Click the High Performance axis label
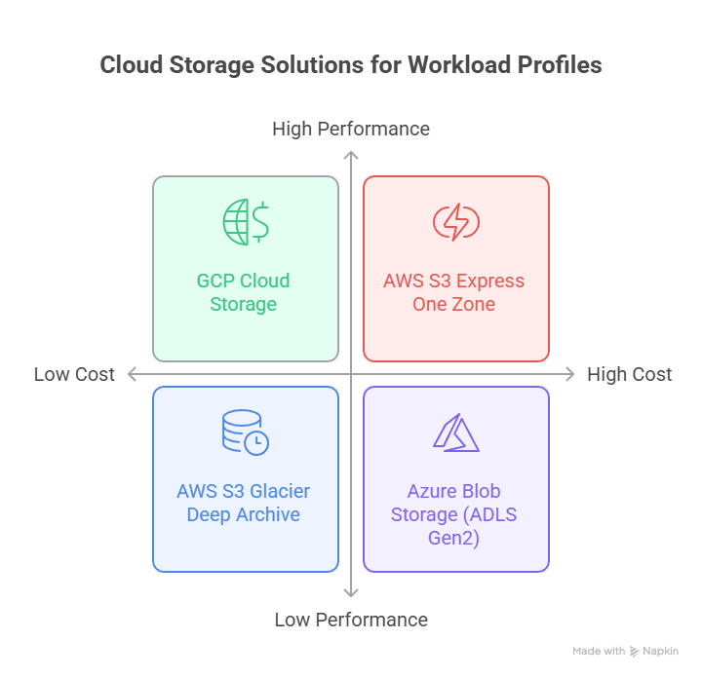tap(351, 129)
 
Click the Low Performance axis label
tap(351, 620)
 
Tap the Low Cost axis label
tap(74, 374)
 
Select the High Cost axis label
tap(629, 374)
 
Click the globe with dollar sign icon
tap(245, 222)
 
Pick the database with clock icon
tap(245, 433)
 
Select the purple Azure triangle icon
tap(455, 433)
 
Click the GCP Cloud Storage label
tap(243, 292)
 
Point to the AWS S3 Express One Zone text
tap(453, 292)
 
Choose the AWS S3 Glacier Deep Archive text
tap(244, 503)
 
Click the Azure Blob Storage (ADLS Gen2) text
tap(453, 514)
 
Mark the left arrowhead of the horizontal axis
tap(132, 374)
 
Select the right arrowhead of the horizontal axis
tap(571, 374)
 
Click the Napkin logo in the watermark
tap(635, 651)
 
